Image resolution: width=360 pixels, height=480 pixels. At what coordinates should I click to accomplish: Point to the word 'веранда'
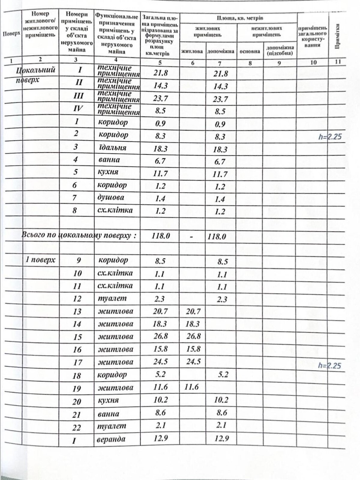tap(111, 439)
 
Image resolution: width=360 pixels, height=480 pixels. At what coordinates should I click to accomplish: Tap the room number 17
tap(77, 362)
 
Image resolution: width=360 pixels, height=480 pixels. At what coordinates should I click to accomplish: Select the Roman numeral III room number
tap(78, 96)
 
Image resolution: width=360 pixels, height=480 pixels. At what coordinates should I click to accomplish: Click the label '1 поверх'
tap(40, 260)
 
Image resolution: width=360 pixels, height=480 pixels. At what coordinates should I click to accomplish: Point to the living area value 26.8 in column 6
tap(193, 336)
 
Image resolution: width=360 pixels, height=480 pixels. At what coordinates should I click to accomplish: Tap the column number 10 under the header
tap(313, 62)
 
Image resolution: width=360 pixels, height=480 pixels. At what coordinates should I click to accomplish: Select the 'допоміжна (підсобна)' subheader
tap(279, 51)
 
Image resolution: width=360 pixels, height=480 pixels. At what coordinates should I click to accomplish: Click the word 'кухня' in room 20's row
tap(108, 400)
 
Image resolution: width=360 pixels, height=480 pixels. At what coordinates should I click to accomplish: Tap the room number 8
tap(75, 210)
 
